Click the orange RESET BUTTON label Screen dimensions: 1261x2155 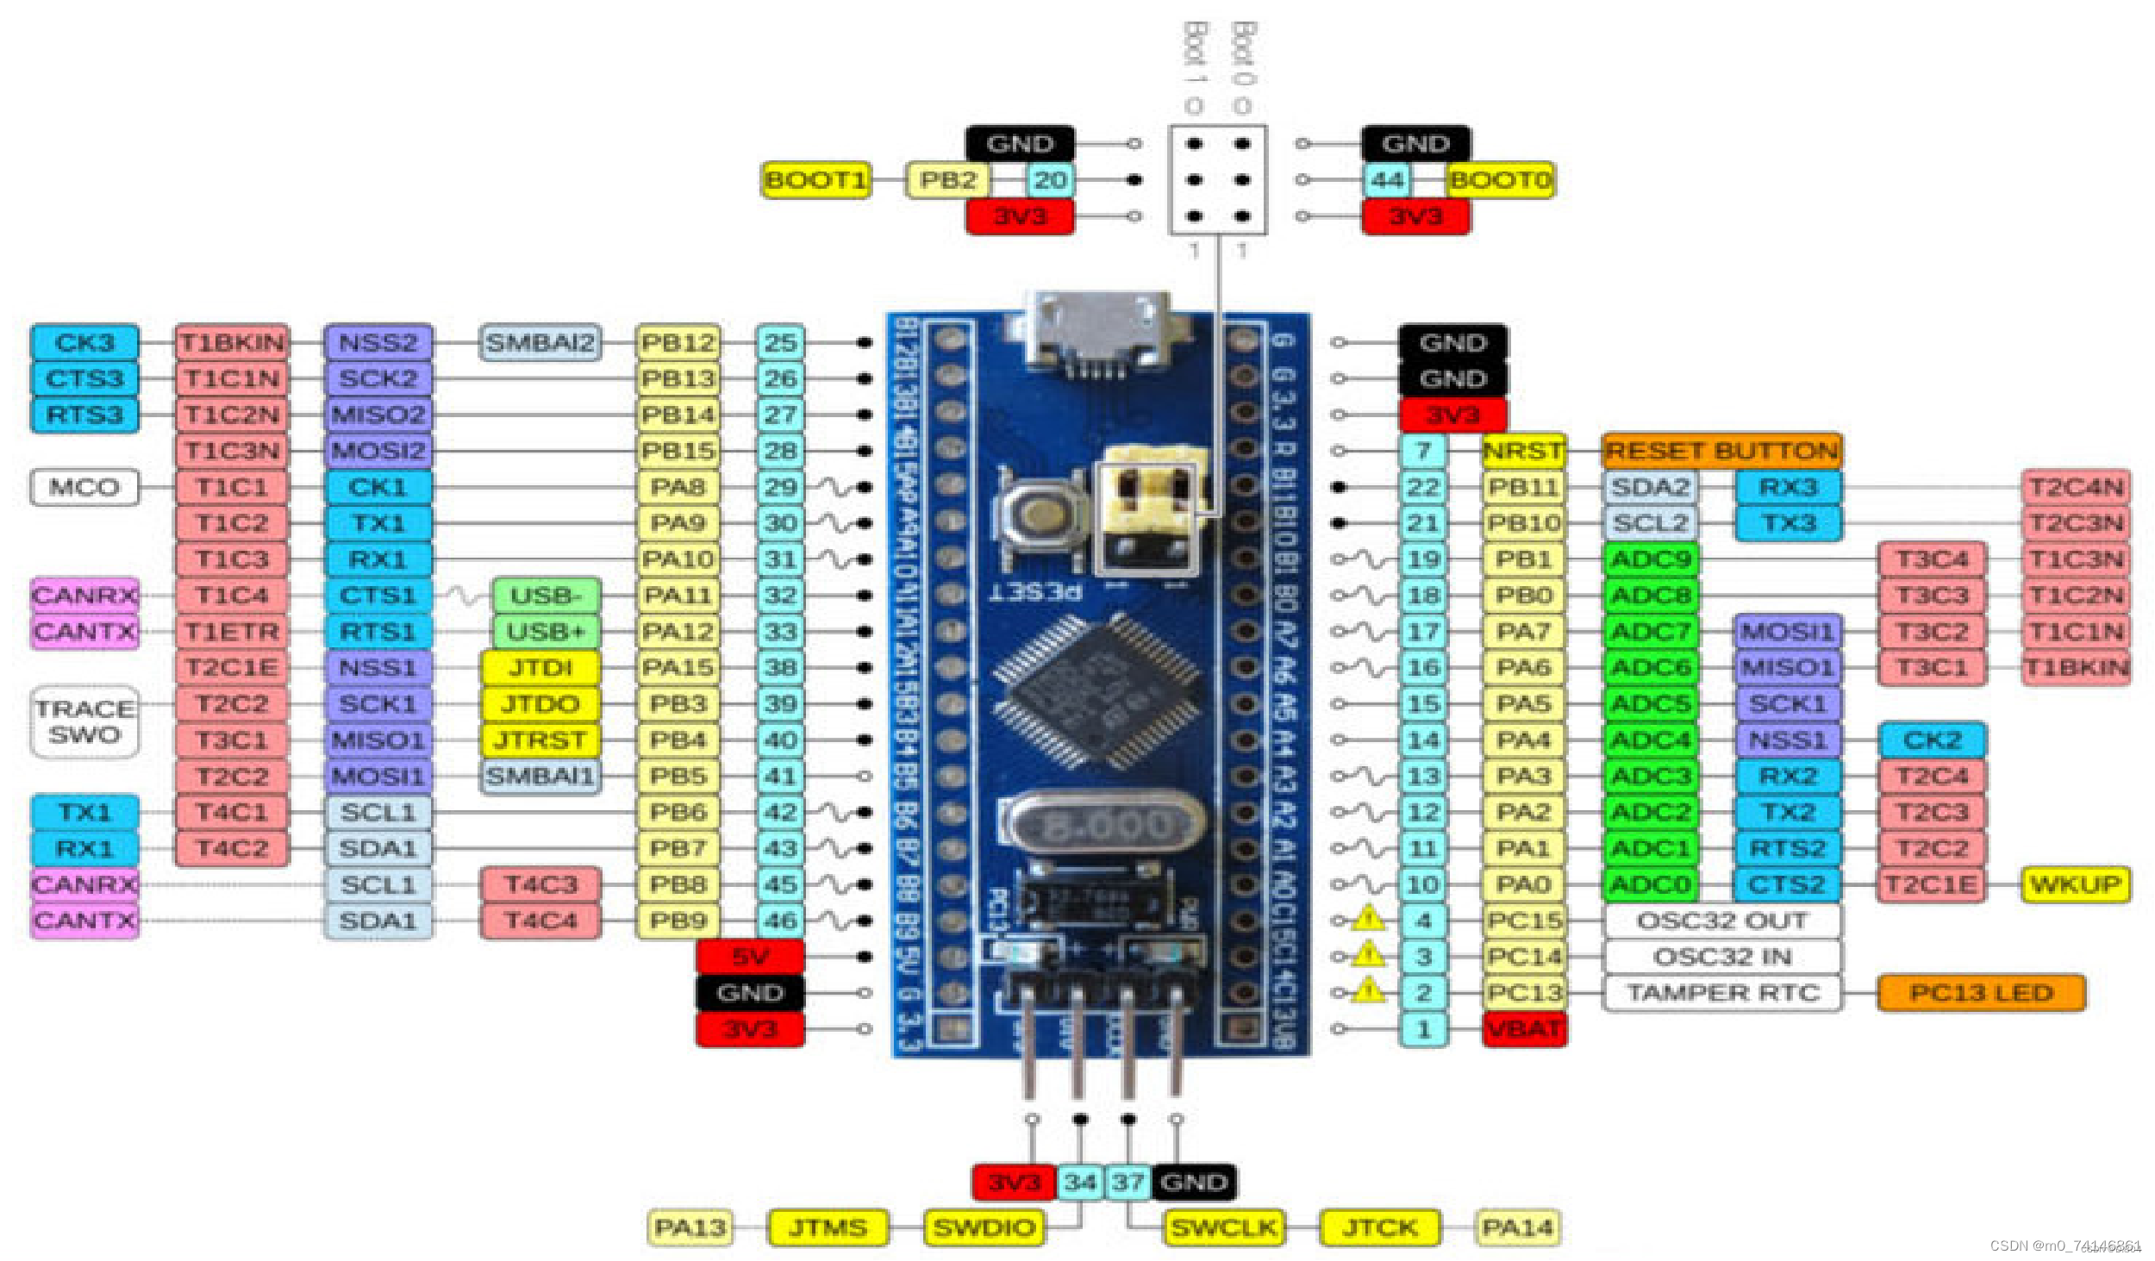coord(1721,451)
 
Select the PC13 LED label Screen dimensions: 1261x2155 coord(1980,993)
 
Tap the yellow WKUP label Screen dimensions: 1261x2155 coord(2075,884)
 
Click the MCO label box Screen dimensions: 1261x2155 coord(84,487)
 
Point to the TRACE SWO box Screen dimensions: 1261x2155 coord(84,721)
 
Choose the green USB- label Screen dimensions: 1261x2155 coord(545,596)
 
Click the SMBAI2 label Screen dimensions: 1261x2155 coord(540,342)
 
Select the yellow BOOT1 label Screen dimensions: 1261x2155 coord(815,180)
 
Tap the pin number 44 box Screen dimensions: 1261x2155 coord(1387,180)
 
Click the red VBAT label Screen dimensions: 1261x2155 coord(1524,1029)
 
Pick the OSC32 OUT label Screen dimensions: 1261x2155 coord(1721,921)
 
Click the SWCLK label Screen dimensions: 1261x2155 coord(1222,1227)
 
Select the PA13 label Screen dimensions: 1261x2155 coord(690,1227)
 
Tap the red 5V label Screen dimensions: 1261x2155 coord(750,957)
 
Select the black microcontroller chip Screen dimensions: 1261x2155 coord(1095,690)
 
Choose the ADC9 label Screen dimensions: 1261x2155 coord(1651,559)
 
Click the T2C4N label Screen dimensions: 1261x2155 coord(2075,487)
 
